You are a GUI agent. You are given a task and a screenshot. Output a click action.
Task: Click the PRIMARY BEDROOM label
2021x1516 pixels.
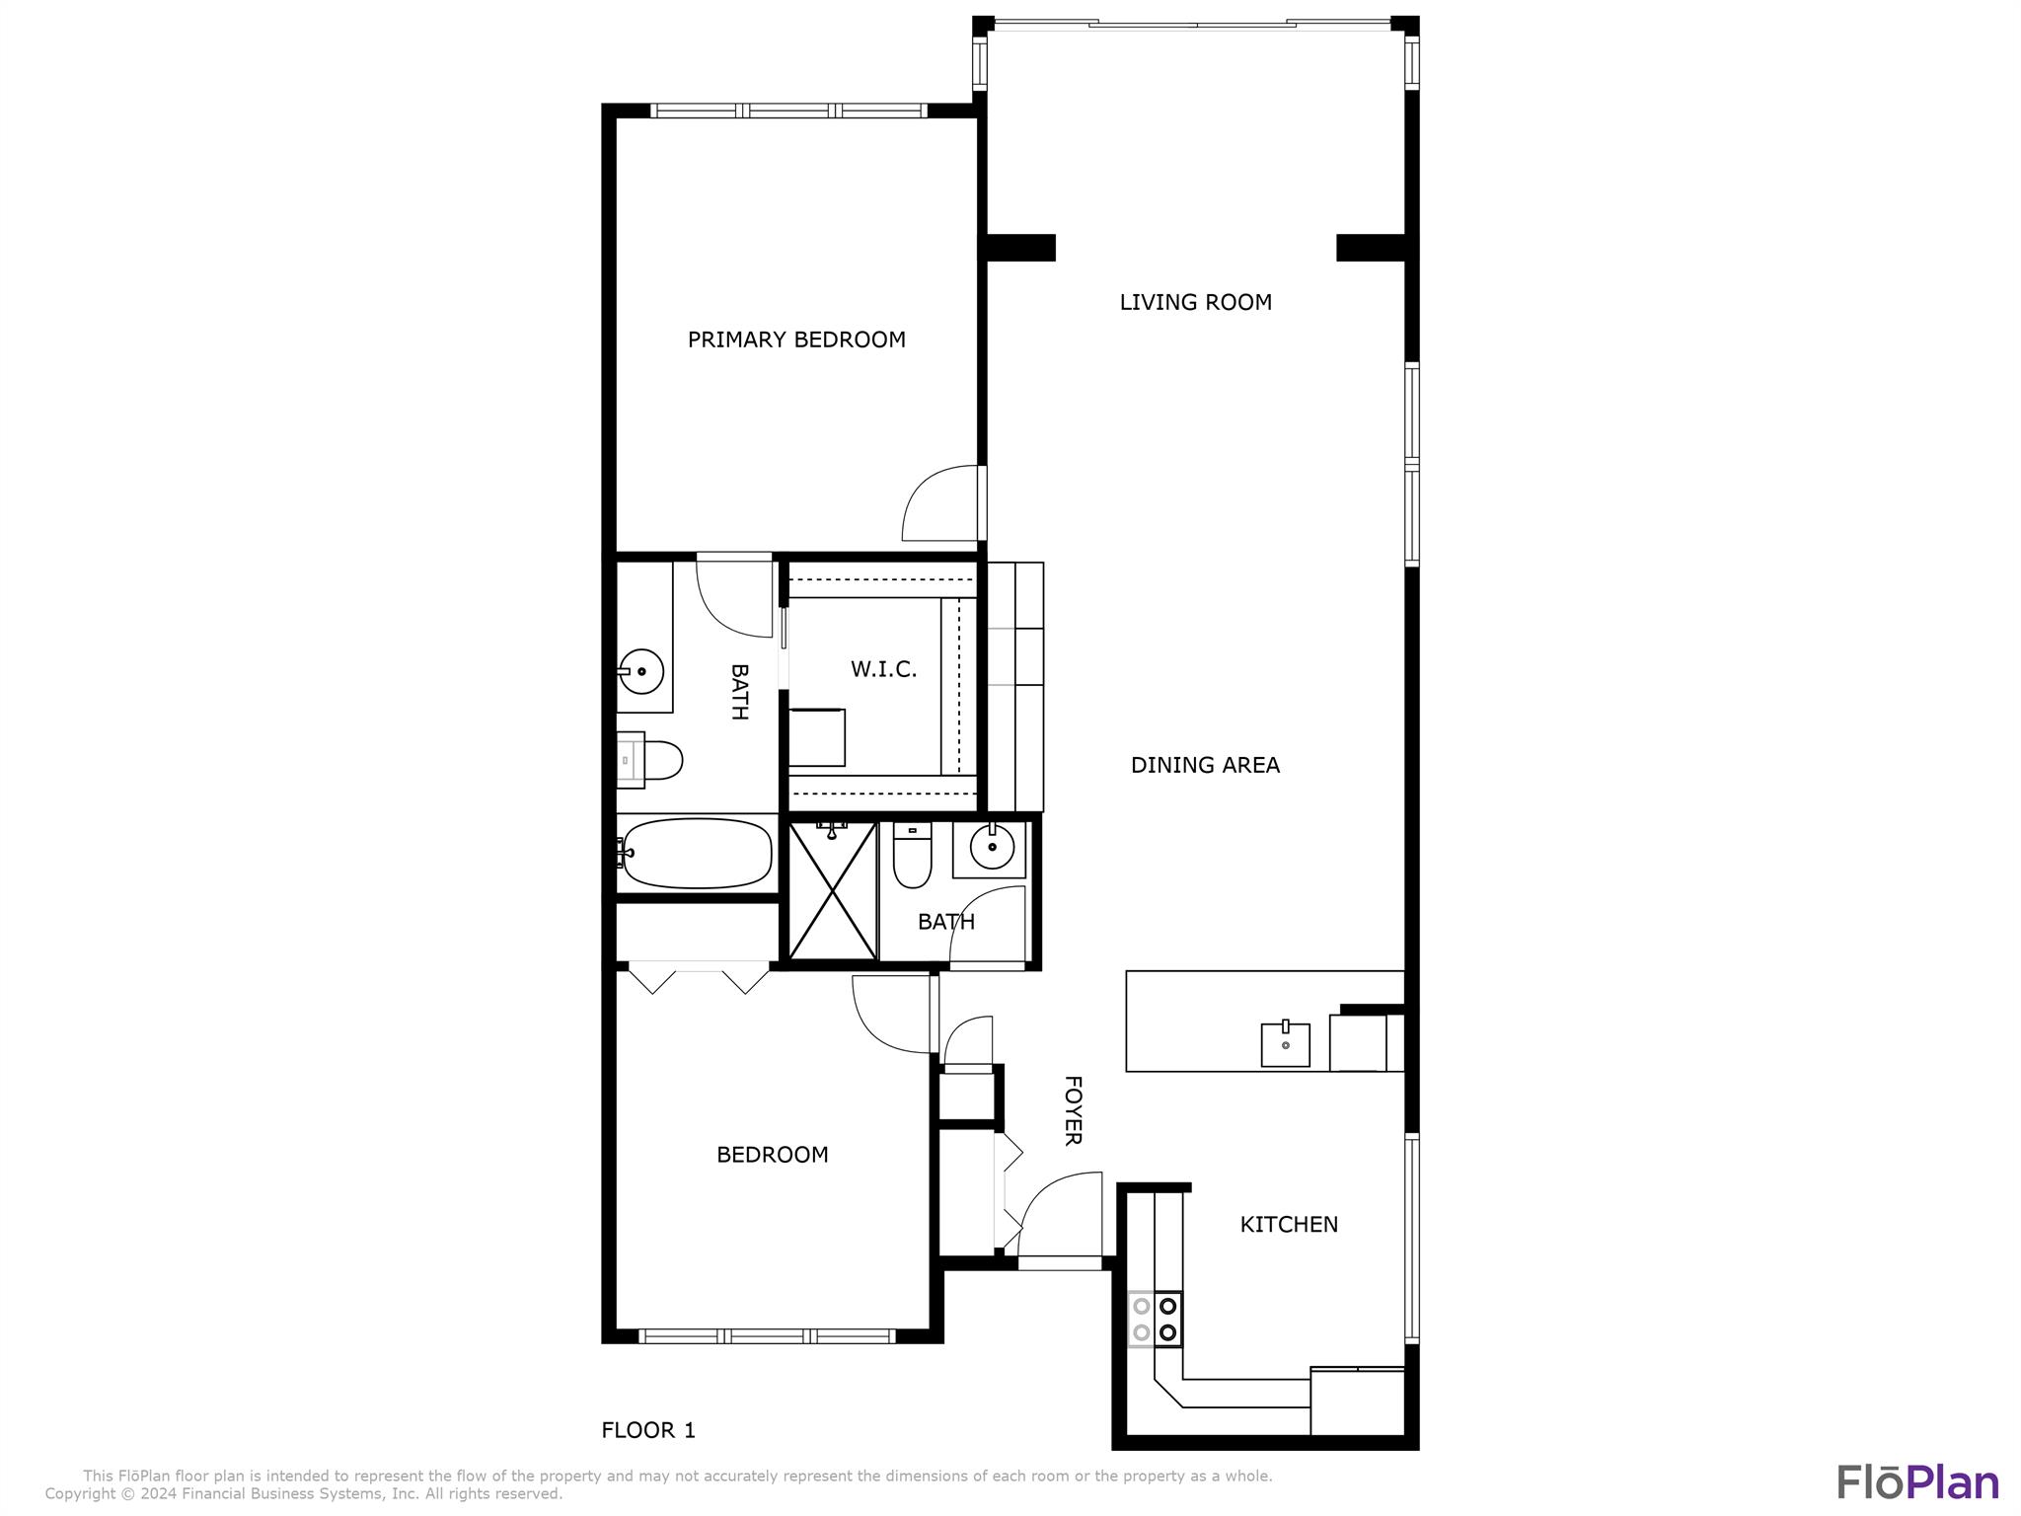[x=796, y=340]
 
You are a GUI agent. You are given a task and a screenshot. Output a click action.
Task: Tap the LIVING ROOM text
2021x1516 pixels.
[x=1195, y=302]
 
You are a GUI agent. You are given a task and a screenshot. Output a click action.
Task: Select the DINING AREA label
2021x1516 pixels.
[x=1204, y=765]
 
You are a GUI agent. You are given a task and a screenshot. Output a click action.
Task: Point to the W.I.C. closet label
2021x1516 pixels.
[x=883, y=669]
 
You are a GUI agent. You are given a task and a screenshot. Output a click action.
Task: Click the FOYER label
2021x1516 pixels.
[x=1073, y=1110]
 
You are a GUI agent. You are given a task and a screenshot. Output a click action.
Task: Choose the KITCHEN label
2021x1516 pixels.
[x=1288, y=1224]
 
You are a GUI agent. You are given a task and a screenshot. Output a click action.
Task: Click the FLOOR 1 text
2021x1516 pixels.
[x=648, y=1430]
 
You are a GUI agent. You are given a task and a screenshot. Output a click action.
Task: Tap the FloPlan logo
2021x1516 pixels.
[x=1916, y=1482]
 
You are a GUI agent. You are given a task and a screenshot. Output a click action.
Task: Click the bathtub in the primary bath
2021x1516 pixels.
[x=697, y=854]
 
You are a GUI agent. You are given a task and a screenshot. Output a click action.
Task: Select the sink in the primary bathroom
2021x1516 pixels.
[x=642, y=671]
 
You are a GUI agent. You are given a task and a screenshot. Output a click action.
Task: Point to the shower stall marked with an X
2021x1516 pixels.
[x=833, y=891]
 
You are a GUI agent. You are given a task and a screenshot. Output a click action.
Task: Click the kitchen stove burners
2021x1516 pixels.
[x=1156, y=1319]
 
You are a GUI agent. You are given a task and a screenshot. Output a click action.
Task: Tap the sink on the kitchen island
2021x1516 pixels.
[x=1285, y=1045]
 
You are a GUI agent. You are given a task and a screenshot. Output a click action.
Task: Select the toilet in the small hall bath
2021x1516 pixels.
[x=912, y=856]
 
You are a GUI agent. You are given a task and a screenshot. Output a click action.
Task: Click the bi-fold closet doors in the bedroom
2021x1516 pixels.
[x=699, y=978]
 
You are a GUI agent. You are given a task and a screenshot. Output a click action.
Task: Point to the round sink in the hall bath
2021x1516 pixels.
[x=991, y=847]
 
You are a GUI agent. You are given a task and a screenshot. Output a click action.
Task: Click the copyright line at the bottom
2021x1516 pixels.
[x=303, y=1494]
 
